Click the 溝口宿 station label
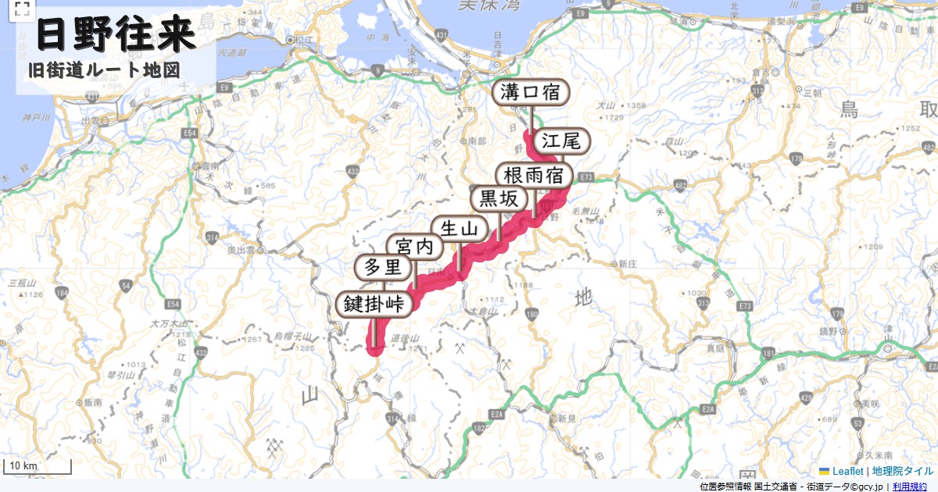coord(530,92)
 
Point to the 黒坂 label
coord(498,199)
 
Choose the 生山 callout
coord(459,228)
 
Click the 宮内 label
coord(414,247)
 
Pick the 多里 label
coord(382,268)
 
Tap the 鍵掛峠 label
coord(374,304)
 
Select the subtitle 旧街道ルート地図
coord(104,70)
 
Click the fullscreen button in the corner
coord(21,9)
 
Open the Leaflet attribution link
coord(847,471)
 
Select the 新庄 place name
coord(628,264)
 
